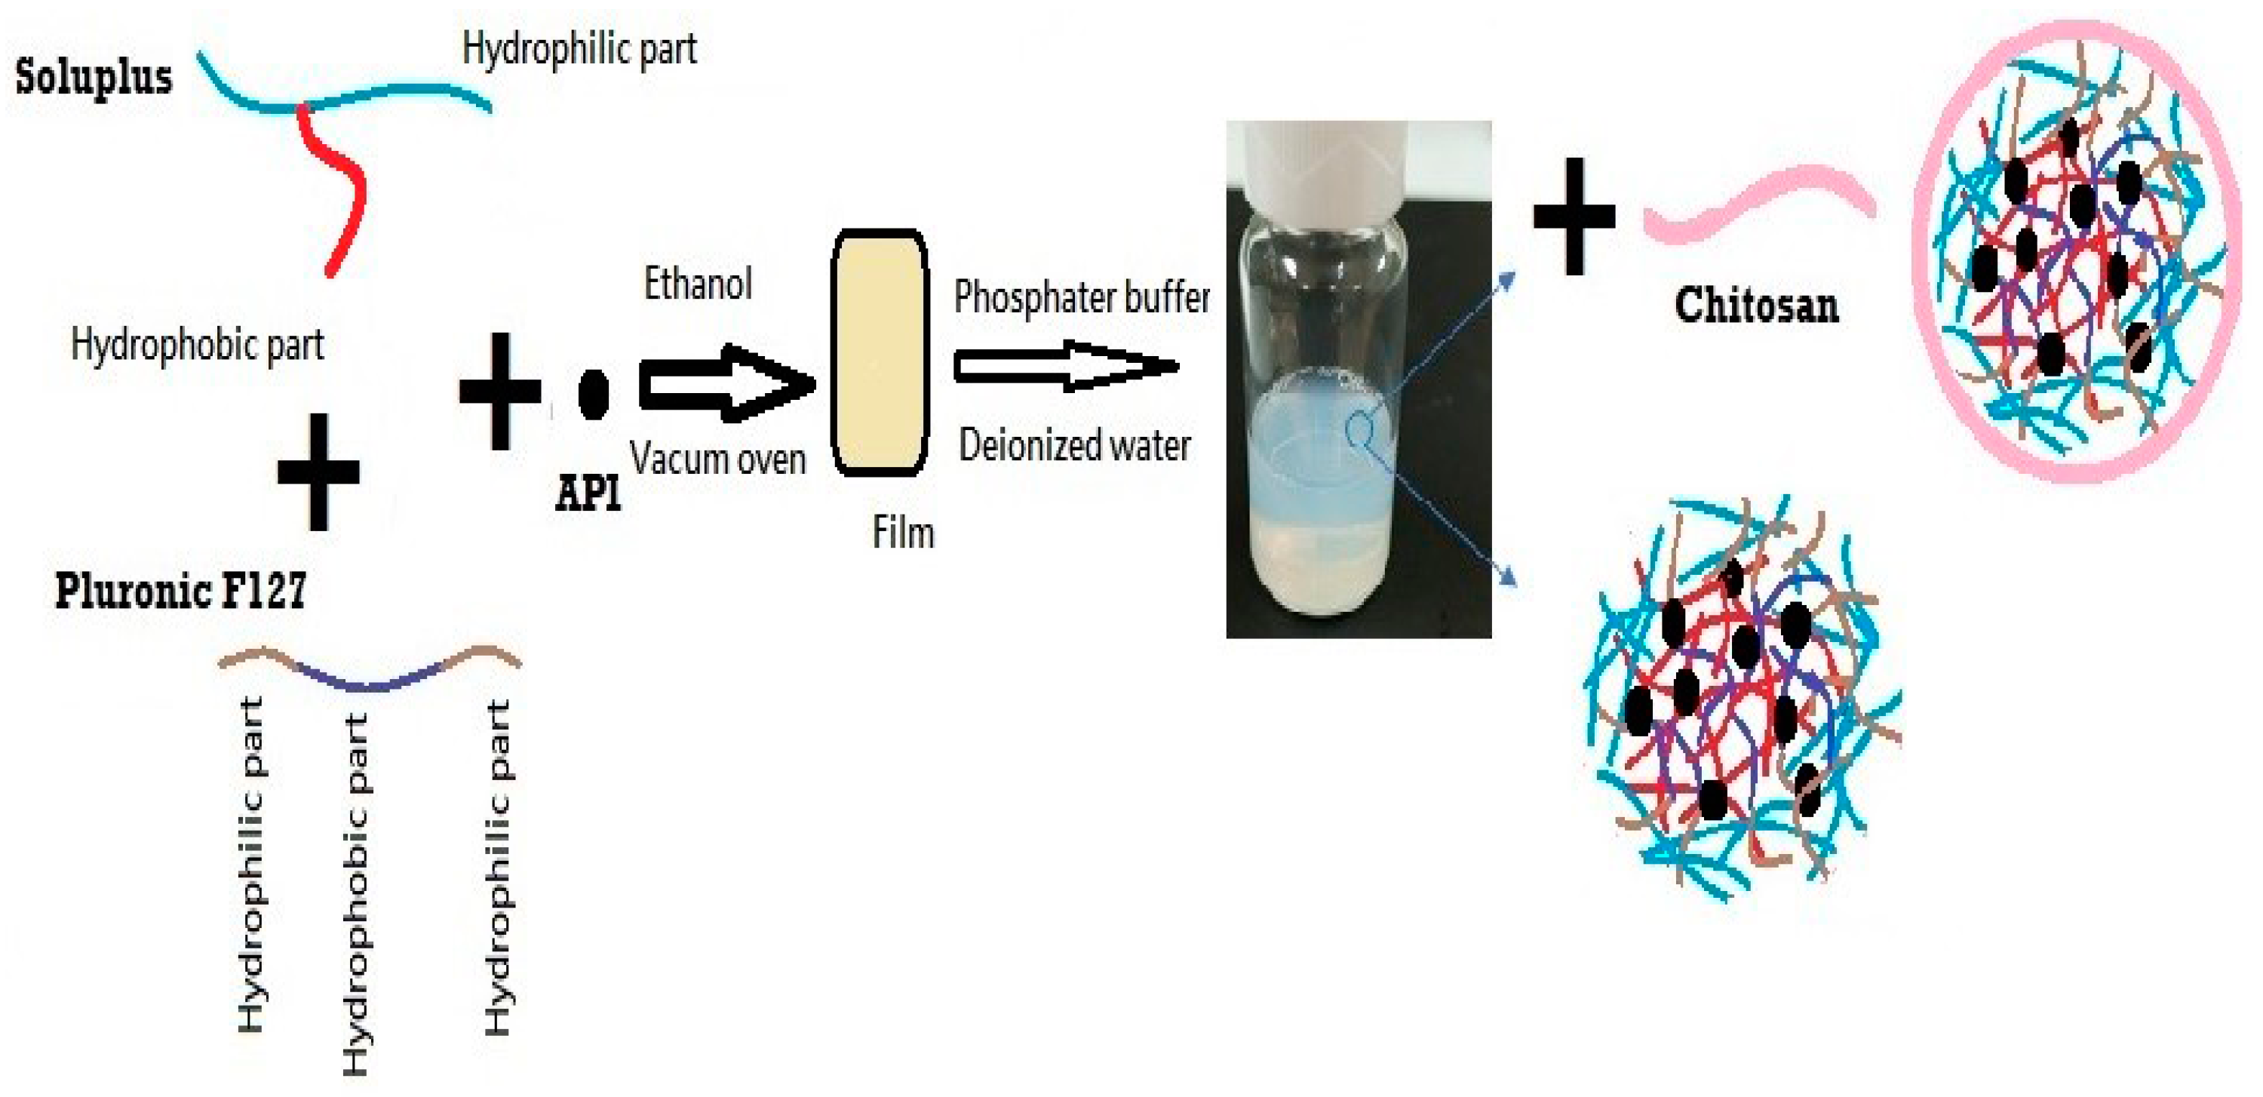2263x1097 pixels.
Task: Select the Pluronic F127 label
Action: coord(181,590)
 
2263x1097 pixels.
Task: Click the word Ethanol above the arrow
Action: coord(699,284)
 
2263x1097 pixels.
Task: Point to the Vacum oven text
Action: coord(717,459)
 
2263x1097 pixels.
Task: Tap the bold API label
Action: coord(588,494)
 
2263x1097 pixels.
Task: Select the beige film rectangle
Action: coord(880,353)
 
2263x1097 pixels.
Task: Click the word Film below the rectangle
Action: coord(903,532)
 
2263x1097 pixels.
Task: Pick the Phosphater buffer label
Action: coord(1082,297)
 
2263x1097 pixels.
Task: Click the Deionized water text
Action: coord(1074,445)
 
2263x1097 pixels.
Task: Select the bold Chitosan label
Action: coord(1756,306)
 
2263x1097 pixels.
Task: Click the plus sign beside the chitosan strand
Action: coord(1574,216)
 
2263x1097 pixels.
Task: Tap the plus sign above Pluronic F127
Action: coord(318,472)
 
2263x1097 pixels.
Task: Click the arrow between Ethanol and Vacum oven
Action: coord(726,383)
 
